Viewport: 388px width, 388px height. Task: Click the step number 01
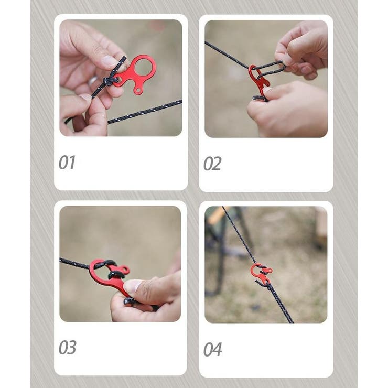click(x=67, y=163)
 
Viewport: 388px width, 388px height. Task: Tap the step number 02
click(x=212, y=164)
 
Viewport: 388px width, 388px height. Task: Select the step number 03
click(x=67, y=348)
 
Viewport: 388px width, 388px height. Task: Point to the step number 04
click(x=212, y=349)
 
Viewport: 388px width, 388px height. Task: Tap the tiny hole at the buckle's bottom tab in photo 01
click(x=138, y=90)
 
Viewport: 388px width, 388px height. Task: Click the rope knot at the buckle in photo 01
click(x=110, y=80)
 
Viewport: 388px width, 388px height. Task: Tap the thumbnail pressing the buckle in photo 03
click(x=132, y=286)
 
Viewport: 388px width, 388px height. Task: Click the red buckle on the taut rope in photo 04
click(x=261, y=273)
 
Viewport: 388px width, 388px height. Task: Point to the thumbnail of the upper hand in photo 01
click(x=110, y=60)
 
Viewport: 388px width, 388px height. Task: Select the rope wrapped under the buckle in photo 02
click(x=260, y=98)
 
